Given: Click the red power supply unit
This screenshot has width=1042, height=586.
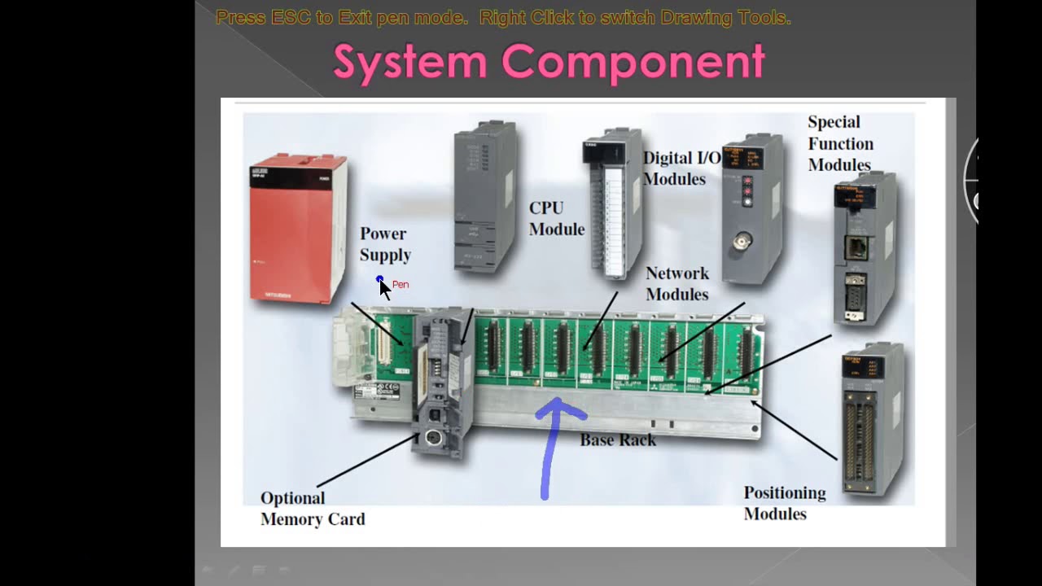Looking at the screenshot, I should click(298, 228).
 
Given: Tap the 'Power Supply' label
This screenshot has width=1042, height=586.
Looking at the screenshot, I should click(385, 244).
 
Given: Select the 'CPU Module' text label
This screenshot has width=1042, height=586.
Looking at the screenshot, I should click(557, 218).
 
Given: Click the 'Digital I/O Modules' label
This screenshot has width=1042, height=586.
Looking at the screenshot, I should click(681, 168).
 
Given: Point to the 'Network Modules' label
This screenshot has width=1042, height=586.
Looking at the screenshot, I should click(677, 283).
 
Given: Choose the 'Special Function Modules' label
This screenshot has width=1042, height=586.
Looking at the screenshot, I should click(840, 143).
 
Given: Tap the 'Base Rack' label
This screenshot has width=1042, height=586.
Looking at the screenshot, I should click(618, 440).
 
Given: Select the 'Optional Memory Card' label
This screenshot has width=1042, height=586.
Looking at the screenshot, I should click(313, 509).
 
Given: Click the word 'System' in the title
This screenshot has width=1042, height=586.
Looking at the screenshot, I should click(410, 62).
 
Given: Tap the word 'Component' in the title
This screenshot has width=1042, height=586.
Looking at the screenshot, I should click(633, 62).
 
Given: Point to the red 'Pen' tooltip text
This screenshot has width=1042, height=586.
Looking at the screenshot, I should click(401, 285).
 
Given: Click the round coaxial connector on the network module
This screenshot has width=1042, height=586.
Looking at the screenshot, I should click(742, 243).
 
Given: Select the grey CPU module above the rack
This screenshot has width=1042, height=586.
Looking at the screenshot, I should click(486, 195).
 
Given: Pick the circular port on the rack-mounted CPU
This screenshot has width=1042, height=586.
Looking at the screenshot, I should click(433, 438).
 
